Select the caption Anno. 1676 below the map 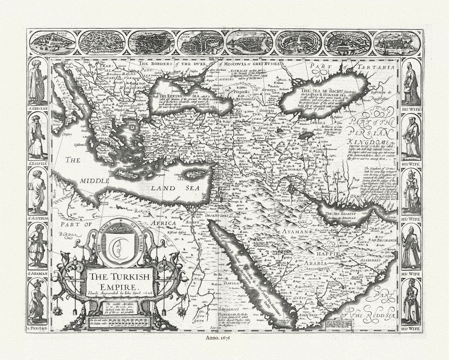click(224, 338)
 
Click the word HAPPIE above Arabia click(327, 254)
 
